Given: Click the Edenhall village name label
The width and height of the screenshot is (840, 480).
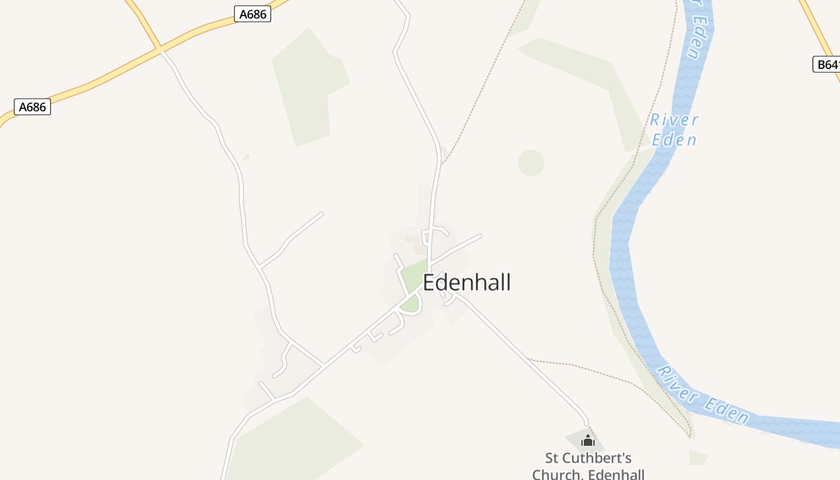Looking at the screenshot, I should pos(467,282).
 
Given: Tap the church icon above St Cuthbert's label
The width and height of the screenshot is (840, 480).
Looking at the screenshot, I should pos(587,441).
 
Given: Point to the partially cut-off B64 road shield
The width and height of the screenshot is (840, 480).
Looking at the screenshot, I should pos(827,64).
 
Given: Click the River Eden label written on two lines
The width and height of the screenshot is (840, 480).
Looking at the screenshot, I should pos(674,130).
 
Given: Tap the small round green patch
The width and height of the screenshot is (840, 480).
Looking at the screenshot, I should pos(531,163).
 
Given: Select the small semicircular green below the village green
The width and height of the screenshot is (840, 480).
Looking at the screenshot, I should pos(410,304).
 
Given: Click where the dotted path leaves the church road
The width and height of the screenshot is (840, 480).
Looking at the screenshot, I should pos(528,359).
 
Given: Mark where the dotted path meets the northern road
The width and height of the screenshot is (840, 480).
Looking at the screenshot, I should pos(443,162).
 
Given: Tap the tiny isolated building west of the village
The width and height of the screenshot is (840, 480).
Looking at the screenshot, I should pos(246,157).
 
